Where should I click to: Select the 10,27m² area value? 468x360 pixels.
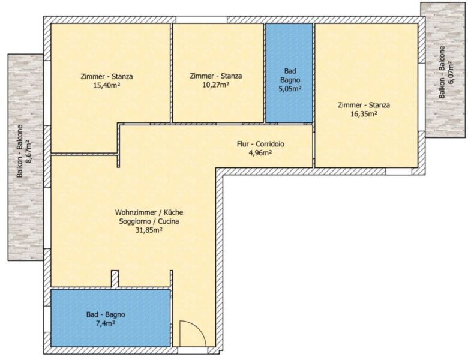216,85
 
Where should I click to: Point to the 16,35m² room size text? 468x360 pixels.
364,114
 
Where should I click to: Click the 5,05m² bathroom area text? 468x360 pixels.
290,89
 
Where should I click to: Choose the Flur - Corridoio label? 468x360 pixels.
260,144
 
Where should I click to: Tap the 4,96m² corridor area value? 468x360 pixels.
260,153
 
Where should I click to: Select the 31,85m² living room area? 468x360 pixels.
149,230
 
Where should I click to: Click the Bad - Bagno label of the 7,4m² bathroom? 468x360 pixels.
106,314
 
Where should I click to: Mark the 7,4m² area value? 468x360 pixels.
106,323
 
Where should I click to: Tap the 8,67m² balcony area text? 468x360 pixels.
29,151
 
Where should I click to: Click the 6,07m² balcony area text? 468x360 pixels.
450,73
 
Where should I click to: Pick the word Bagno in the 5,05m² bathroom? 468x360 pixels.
290,80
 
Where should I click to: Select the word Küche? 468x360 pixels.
173,212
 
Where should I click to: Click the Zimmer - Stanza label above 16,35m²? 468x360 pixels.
364,105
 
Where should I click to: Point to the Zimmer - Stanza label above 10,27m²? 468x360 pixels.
216,76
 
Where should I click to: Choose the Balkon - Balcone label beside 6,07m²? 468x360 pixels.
442,72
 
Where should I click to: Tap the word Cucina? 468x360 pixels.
169,221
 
